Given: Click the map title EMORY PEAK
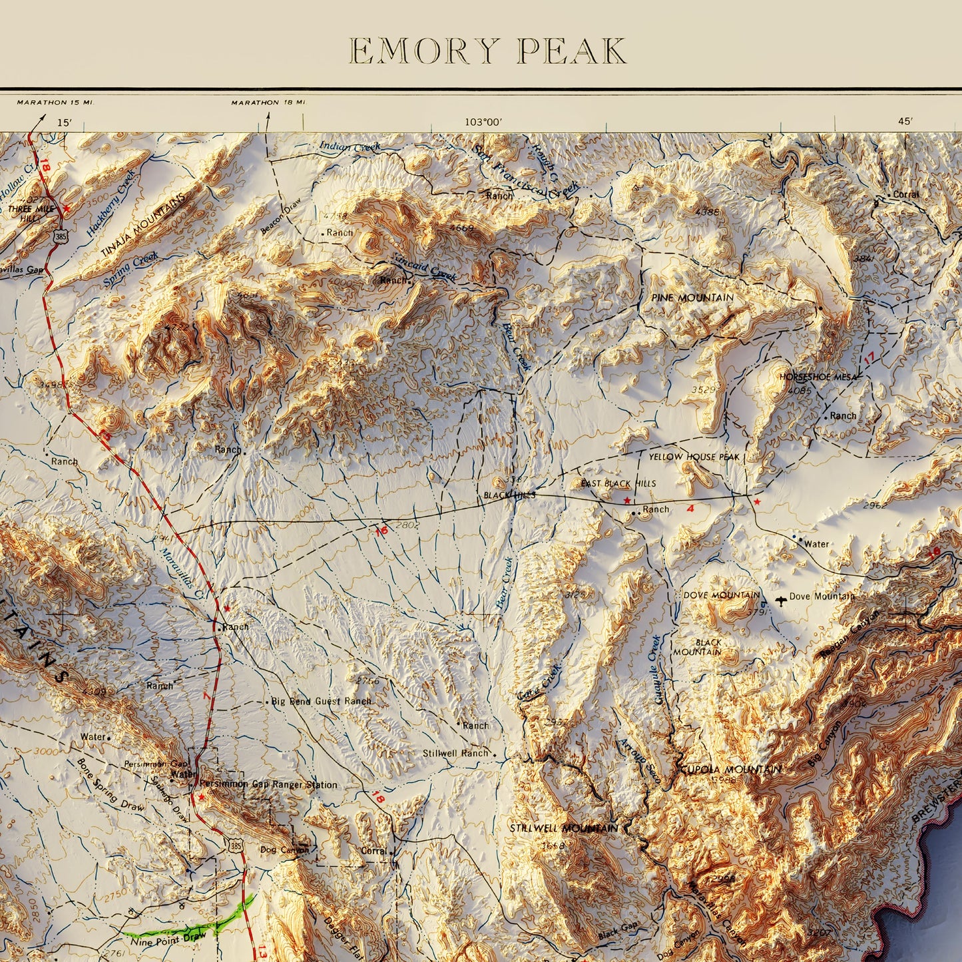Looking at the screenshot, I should [x=488, y=51].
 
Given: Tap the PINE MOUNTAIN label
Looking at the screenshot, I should [x=692, y=298].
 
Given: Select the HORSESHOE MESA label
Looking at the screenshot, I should [x=818, y=377].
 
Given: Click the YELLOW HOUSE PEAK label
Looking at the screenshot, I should [x=694, y=457].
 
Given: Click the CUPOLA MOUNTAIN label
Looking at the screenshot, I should [x=730, y=770].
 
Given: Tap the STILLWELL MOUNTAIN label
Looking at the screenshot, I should [x=563, y=828].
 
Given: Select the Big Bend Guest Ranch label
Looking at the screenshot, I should [x=321, y=701].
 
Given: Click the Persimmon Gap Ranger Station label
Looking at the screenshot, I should [x=268, y=784].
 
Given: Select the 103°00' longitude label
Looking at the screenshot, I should [x=483, y=122].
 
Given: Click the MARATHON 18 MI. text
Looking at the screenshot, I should [x=268, y=103].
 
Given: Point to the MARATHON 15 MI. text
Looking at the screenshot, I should [x=56, y=103].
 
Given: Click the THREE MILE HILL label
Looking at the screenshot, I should [x=31, y=213].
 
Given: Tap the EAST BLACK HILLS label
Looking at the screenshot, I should [x=618, y=483].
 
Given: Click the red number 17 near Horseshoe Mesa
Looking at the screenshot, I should [x=869, y=358].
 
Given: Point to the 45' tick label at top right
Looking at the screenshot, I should [x=905, y=121].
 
